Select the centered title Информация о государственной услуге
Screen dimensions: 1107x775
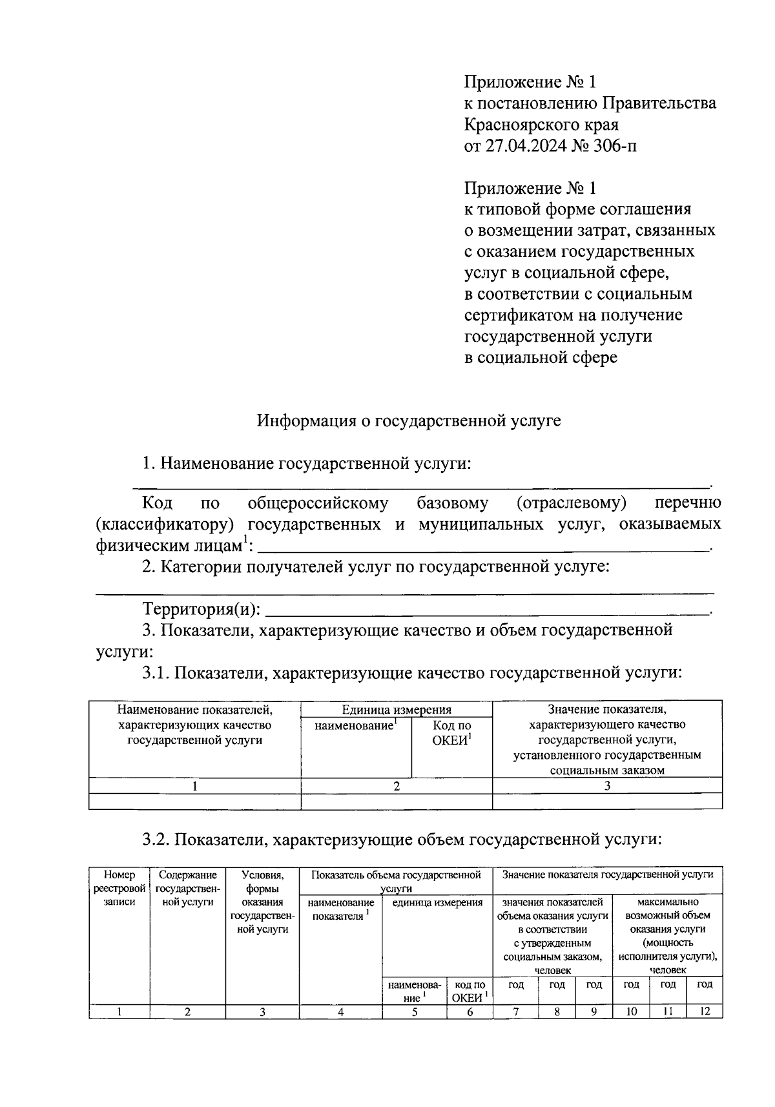[x=409, y=421]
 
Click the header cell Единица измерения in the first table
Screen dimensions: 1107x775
[x=397, y=710]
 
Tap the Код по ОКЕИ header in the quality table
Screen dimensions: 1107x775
[x=452, y=733]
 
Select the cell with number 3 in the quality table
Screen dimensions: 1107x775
[x=607, y=785]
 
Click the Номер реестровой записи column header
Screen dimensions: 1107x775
[x=119, y=888]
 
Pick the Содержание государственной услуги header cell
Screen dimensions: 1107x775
[x=187, y=888]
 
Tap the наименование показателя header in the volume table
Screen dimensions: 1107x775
[x=341, y=909]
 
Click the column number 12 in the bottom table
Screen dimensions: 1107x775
[x=705, y=1011]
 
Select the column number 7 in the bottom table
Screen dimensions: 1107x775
[x=516, y=1011]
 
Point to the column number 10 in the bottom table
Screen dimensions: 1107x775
[x=630, y=1011]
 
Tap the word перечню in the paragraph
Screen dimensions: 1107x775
[x=688, y=502]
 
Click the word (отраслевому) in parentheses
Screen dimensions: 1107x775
[x=572, y=502]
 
